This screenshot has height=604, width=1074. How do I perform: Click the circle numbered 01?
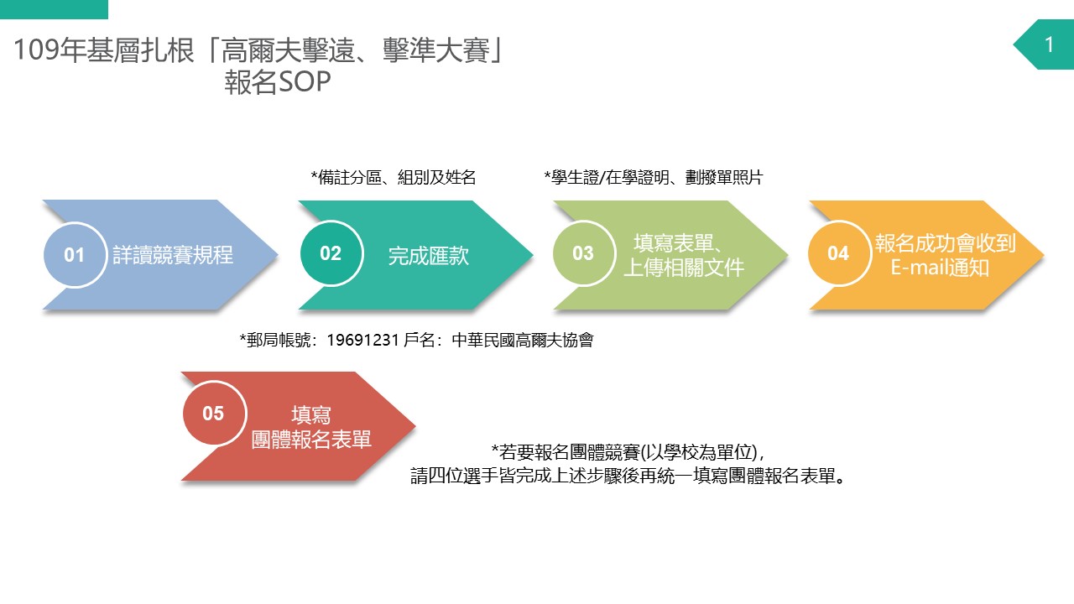pos(75,254)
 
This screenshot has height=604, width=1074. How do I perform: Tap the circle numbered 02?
pos(331,253)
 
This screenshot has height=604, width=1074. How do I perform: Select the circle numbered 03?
pos(583,253)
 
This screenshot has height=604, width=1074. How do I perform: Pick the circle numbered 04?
pos(838,253)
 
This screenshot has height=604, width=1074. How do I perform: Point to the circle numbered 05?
pos(214,414)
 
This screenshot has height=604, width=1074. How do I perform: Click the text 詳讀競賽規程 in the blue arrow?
pos(173,255)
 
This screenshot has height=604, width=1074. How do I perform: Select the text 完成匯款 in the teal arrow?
pos(428,256)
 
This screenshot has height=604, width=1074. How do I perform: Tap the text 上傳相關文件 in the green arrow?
pos(684,268)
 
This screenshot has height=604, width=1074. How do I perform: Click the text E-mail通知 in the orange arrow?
pos(940,268)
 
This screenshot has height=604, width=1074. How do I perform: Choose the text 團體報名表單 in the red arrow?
pos(311,439)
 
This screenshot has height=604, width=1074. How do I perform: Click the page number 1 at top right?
pos(1049,45)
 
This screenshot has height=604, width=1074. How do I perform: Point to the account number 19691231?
pos(362,341)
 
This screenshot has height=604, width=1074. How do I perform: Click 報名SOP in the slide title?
pos(278,81)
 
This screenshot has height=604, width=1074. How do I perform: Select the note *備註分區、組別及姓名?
pos(394,177)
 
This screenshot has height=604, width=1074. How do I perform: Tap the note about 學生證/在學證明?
pos(653,177)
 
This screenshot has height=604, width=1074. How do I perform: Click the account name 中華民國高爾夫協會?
pos(523,341)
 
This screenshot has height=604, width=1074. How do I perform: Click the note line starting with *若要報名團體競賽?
pos(628,452)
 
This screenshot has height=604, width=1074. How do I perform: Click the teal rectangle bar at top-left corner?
pos(55,9)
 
